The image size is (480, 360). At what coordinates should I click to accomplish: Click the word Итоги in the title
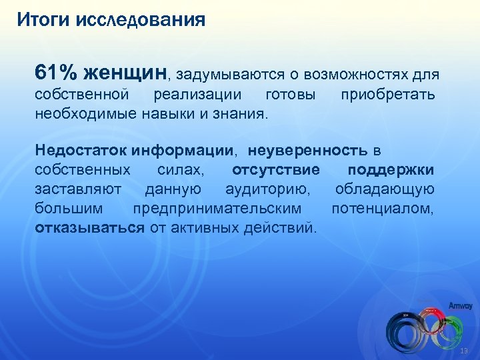click(41, 19)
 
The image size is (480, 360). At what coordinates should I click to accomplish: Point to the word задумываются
click(229, 73)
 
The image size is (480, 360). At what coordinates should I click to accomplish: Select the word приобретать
click(388, 95)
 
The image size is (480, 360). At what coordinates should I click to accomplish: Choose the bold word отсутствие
click(275, 171)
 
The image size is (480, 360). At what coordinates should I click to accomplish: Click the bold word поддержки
click(391, 171)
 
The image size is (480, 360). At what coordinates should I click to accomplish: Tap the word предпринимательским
click(217, 209)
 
